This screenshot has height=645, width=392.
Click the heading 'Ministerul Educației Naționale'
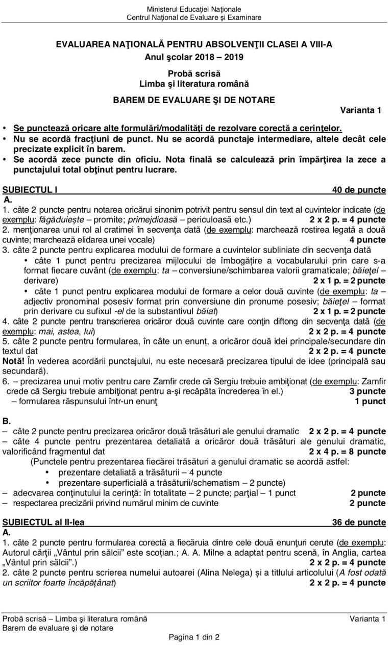point(194,9)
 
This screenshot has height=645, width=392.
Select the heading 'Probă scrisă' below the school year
point(194,73)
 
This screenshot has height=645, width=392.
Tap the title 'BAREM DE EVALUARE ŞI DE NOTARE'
point(194,100)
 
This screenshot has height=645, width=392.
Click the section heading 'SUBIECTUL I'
point(30,190)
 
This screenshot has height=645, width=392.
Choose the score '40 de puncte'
point(359,190)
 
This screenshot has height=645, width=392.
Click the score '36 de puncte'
point(359,522)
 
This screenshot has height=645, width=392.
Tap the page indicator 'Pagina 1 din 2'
point(194,637)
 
